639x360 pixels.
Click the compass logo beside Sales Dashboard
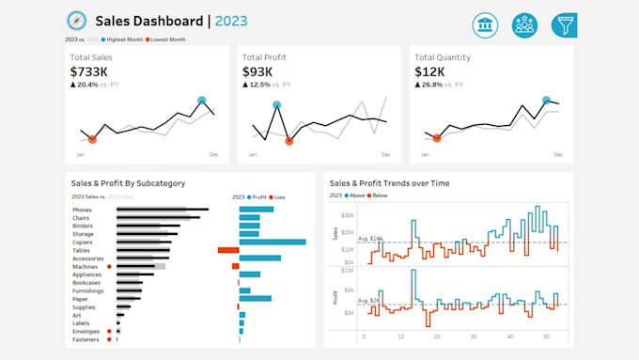point(75,21)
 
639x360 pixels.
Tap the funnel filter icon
point(564,25)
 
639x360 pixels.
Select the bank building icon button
point(485,25)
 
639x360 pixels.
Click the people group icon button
point(524,25)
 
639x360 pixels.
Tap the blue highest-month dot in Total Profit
point(276,105)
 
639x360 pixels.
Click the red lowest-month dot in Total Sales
point(92,139)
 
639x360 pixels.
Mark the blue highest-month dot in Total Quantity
point(546,100)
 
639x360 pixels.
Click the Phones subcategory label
point(82,210)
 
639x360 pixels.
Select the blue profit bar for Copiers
point(273,243)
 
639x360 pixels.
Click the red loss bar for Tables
point(227,250)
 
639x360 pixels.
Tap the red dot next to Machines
point(110,267)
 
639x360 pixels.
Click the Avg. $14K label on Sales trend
point(345,240)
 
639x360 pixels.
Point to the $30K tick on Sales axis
point(347,215)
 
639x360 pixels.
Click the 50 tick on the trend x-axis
point(547,336)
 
